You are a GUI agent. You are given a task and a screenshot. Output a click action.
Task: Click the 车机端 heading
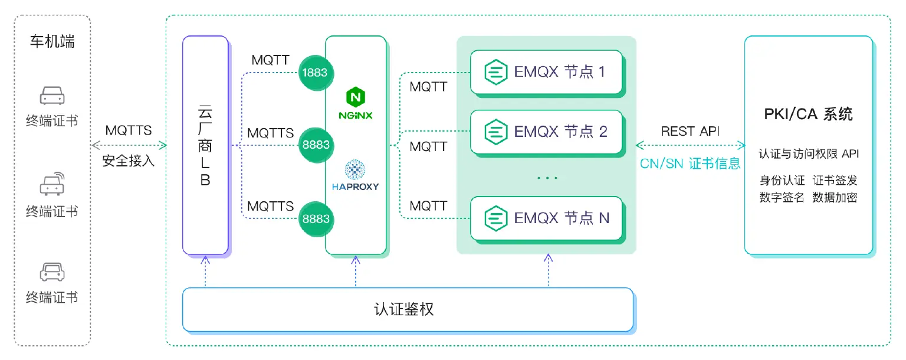click(x=52, y=42)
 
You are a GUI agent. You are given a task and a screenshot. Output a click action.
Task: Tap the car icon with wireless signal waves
click(x=52, y=184)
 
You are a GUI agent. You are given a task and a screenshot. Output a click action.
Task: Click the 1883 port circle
click(x=316, y=73)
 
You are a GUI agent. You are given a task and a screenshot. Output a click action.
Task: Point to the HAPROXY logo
click(x=355, y=175)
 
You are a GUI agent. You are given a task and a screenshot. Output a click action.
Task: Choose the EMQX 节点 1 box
click(x=546, y=73)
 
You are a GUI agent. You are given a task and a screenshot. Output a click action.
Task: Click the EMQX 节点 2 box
click(x=546, y=132)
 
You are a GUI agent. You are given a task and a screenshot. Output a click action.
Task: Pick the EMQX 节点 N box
click(x=546, y=218)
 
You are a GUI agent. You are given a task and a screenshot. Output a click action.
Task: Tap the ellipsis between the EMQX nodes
click(x=547, y=177)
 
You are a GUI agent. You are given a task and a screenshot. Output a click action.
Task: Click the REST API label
click(x=690, y=131)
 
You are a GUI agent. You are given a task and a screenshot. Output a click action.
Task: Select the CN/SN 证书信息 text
click(x=690, y=163)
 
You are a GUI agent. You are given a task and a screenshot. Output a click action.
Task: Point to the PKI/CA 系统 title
click(x=808, y=114)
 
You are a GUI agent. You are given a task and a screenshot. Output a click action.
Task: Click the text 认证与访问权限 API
click(x=808, y=154)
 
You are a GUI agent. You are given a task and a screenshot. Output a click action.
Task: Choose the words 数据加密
click(x=835, y=198)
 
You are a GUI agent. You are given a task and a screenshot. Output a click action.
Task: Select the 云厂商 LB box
click(x=205, y=145)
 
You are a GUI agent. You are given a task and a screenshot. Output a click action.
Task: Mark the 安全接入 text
click(x=129, y=161)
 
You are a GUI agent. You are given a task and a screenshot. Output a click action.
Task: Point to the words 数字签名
click(x=782, y=198)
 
